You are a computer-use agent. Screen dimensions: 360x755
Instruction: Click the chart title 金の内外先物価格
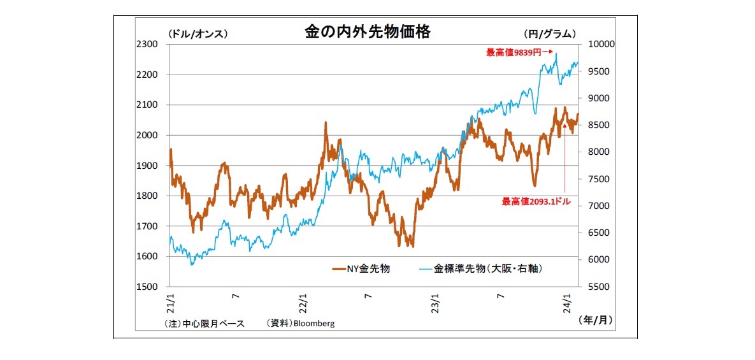367,32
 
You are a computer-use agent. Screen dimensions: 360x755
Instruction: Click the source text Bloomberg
313,324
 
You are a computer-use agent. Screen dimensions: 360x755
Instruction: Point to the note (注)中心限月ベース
204,324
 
